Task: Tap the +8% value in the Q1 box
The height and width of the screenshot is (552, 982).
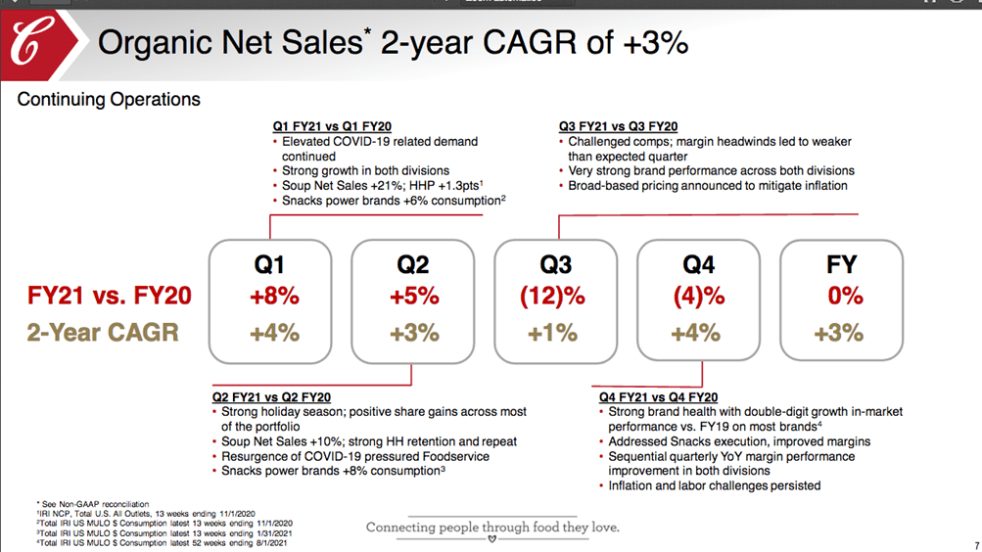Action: click(x=272, y=296)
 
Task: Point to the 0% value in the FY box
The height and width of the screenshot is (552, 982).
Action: click(x=843, y=296)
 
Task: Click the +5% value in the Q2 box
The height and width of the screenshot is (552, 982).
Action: click(x=414, y=296)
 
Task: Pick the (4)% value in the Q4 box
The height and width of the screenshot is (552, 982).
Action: click(x=697, y=296)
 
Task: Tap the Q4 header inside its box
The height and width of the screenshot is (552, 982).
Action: click(x=697, y=264)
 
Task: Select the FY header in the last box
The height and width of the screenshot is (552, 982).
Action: click(x=841, y=264)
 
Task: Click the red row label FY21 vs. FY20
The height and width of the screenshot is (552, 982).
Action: click(x=109, y=296)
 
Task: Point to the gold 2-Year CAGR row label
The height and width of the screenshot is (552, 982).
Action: click(x=103, y=333)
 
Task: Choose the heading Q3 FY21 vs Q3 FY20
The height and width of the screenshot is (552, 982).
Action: click(x=618, y=126)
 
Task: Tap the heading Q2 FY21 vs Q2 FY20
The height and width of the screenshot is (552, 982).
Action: click(x=271, y=397)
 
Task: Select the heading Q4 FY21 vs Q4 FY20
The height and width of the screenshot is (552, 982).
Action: click(x=658, y=397)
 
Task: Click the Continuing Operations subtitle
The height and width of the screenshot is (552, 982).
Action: click(x=109, y=99)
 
